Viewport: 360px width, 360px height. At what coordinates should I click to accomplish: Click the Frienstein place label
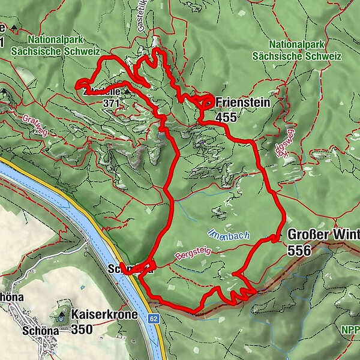[x=242, y=103]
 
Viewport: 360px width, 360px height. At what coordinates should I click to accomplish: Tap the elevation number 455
[x=226, y=117]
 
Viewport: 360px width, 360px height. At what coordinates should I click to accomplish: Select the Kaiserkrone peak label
[x=104, y=314]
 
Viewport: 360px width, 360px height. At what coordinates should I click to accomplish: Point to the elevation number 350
[x=83, y=329]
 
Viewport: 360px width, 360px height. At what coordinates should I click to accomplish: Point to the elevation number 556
[x=300, y=250]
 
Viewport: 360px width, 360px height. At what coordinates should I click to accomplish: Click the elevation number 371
[x=111, y=103]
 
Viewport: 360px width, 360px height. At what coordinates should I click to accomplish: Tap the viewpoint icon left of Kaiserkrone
[x=62, y=313]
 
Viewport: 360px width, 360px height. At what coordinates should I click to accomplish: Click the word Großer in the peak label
[x=308, y=235]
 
